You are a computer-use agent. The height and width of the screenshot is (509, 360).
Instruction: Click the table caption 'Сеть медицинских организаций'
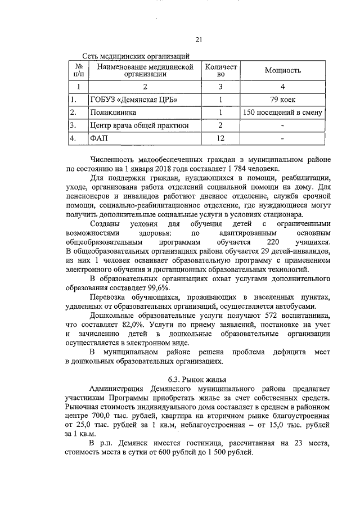point(136,56)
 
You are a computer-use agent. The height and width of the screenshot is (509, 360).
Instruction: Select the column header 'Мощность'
point(283,70)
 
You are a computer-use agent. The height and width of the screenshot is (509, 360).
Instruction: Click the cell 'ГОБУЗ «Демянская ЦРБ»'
point(130,100)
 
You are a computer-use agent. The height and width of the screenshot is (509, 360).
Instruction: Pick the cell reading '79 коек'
point(283,100)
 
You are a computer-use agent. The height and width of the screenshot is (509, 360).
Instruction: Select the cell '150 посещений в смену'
point(283,112)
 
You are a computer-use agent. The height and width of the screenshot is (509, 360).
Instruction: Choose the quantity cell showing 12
point(221,137)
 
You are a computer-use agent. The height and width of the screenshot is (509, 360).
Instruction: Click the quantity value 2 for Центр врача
point(221,125)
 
